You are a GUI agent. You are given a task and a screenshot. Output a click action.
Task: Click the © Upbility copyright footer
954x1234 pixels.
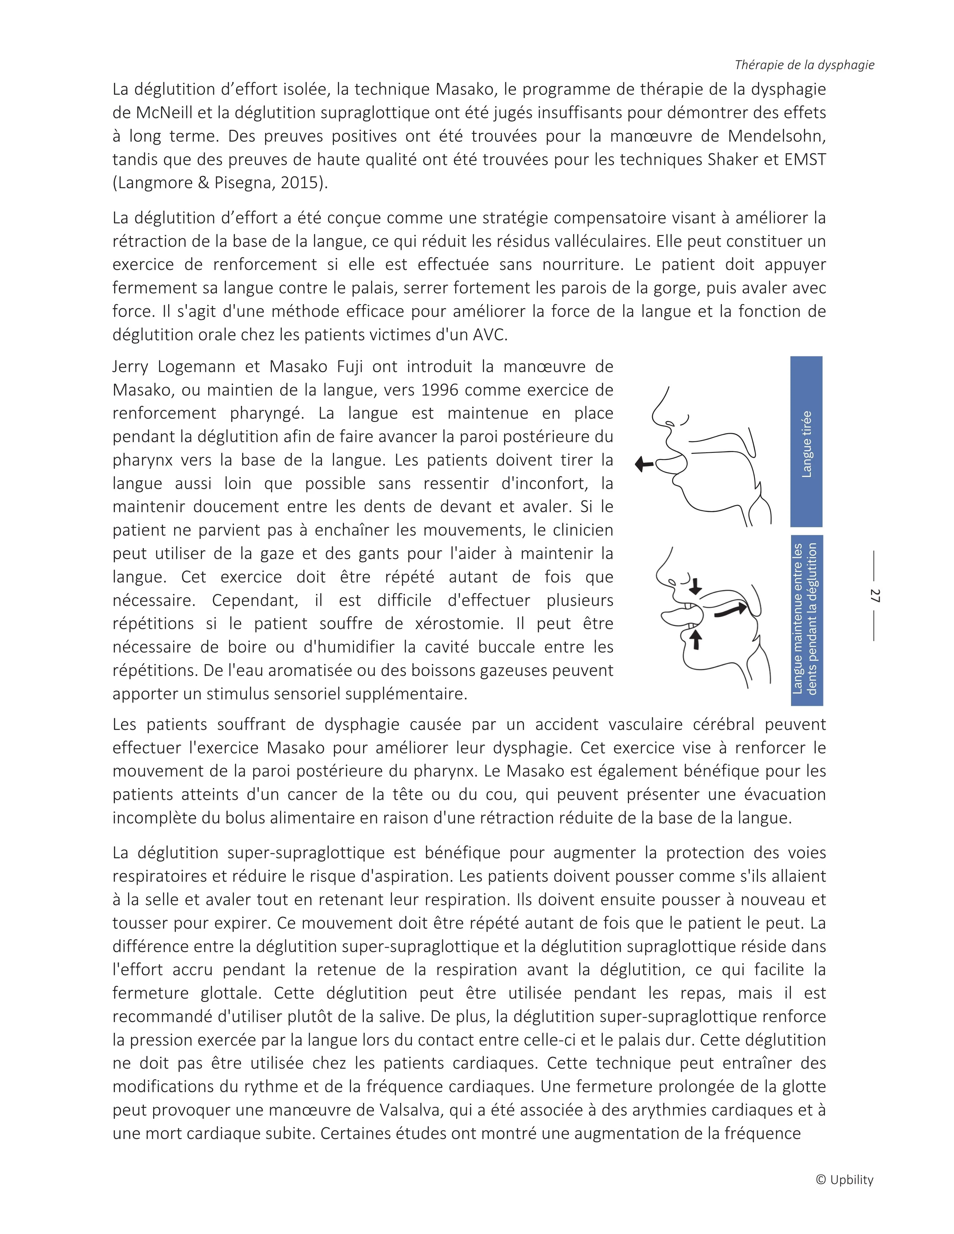(x=844, y=1180)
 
